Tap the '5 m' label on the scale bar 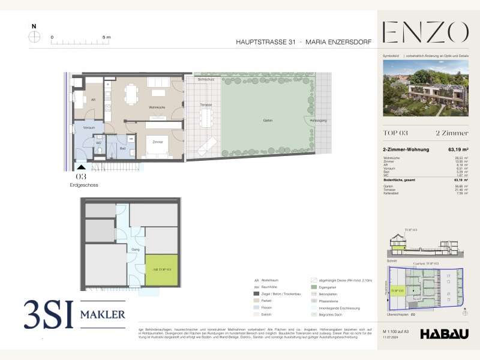click(x=107, y=37)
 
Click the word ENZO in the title click(x=425, y=32)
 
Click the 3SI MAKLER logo click(x=74, y=314)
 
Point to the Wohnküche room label click(x=158, y=107)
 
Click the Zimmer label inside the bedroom click(x=158, y=142)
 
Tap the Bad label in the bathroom click(x=122, y=147)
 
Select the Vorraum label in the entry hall click(x=89, y=127)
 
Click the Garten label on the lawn click(x=268, y=121)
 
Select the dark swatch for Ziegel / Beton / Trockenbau click(x=257, y=294)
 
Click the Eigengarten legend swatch click(x=314, y=287)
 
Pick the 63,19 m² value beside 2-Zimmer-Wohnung click(x=458, y=149)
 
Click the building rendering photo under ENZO click(x=426, y=88)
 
